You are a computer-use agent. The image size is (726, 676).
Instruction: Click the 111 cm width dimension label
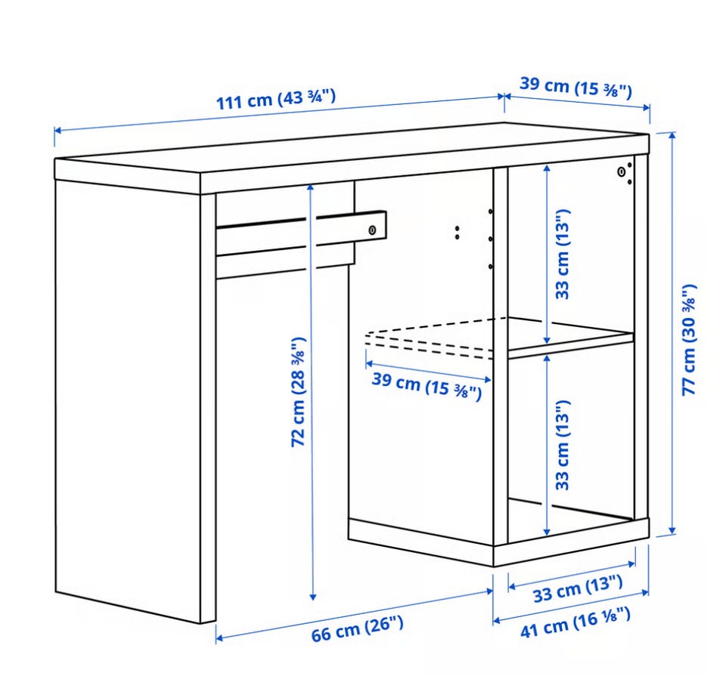(276, 100)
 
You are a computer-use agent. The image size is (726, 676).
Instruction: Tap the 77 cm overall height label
(689, 340)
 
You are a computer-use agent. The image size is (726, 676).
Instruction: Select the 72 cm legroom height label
(298, 392)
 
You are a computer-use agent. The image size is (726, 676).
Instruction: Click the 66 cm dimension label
(357, 629)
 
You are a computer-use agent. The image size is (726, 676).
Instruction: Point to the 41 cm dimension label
(575, 623)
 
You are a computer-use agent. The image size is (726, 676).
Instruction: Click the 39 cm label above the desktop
(576, 87)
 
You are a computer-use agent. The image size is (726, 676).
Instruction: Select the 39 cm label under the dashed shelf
(427, 384)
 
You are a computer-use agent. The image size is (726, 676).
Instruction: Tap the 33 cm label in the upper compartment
(562, 255)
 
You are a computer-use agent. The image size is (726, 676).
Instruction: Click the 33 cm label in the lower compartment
(562, 445)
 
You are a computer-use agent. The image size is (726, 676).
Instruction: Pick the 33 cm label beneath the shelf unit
(577, 588)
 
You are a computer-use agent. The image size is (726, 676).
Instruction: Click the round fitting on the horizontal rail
(372, 230)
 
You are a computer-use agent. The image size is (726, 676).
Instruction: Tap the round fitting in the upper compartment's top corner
(622, 172)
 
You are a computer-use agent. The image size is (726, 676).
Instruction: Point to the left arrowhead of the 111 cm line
(57, 131)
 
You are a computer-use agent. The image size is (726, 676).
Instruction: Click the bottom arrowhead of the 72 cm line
(313, 597)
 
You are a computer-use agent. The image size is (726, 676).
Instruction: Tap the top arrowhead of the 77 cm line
(672, 135)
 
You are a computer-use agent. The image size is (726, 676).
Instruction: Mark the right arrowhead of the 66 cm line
(489, 591)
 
